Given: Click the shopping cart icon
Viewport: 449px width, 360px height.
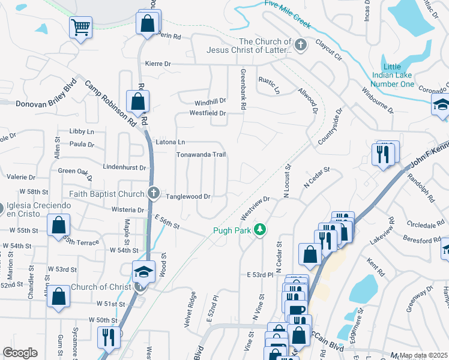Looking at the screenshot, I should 80,27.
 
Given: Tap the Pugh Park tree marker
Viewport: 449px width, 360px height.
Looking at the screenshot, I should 259,230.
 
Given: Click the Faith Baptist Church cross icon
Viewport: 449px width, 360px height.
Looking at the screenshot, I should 154,193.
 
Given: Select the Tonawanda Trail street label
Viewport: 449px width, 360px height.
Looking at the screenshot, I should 200,155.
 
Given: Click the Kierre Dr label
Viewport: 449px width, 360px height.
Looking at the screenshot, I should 158,63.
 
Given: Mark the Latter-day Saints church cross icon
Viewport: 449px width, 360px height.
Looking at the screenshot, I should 301,44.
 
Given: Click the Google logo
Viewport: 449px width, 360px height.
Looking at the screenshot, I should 20,353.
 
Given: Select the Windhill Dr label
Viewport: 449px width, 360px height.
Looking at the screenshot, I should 209,101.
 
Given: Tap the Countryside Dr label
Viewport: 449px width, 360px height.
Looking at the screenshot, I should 329,127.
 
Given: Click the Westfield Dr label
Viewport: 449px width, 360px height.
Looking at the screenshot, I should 208,113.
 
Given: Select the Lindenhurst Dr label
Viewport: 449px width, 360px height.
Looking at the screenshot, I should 125,167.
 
